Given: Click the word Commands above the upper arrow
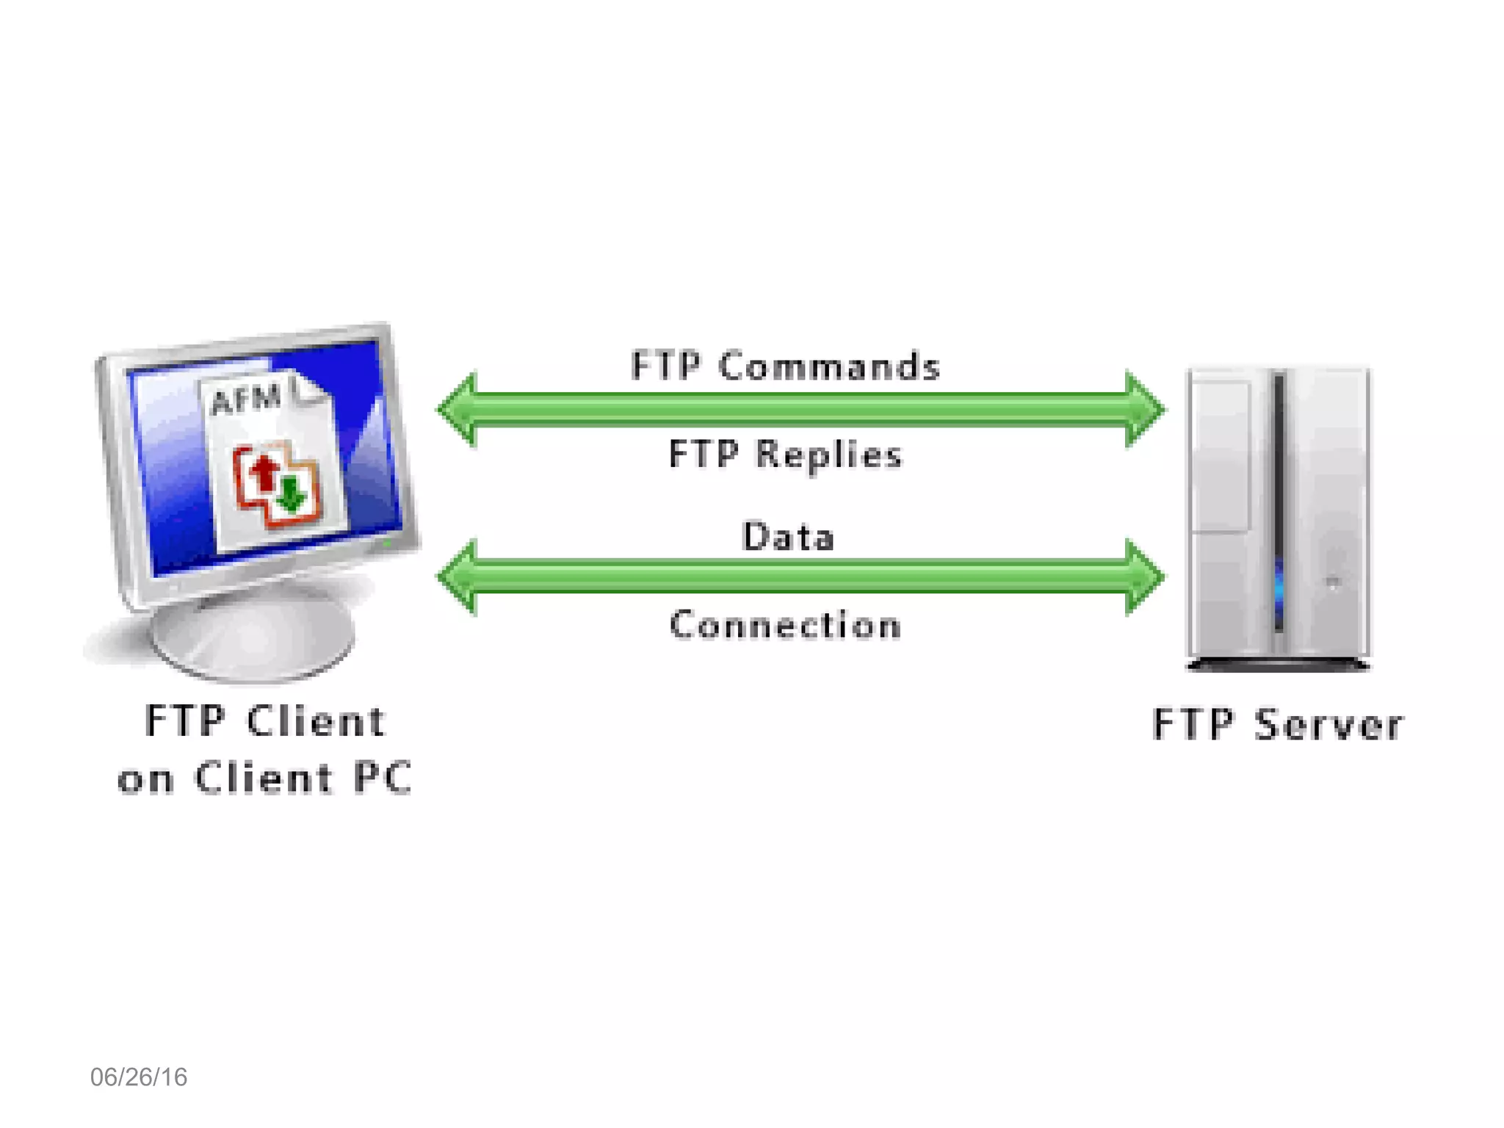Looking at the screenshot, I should click(x=829, y=366).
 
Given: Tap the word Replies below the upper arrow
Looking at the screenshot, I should click(x=828, y=455).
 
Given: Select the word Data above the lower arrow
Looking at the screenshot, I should click(x=788, y=537).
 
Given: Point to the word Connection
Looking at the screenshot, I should click(x=785, y=626).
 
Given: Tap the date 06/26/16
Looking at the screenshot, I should click(x=139, y=1077).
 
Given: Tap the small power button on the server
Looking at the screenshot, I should click(x=1333, y=583).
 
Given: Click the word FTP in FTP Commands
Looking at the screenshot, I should click(x=665, y=366).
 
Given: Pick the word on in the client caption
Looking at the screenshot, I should click(x=145, y=780).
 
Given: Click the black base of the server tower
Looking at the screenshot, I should click(x=1278, y=665).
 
